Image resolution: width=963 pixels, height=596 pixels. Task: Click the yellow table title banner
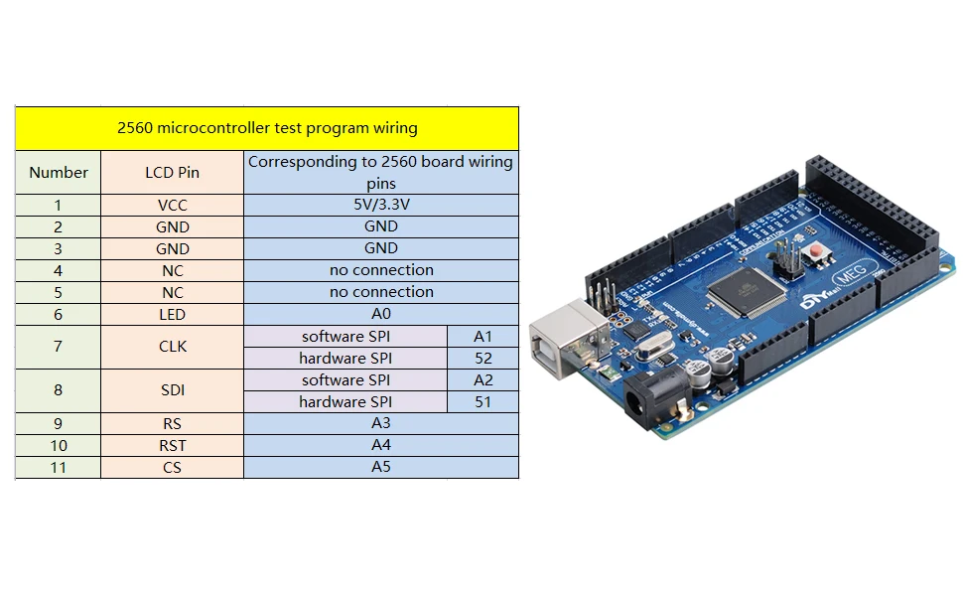[267, 128]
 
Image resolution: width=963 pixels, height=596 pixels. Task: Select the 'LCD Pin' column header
[172, 173]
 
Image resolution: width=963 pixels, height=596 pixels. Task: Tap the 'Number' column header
[59, 173]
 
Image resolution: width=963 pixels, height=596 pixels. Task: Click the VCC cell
[172, 206]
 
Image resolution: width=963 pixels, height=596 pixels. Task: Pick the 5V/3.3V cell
[381, 205]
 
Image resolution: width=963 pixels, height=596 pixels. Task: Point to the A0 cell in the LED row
[381, 314]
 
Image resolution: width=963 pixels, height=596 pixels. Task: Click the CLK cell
[172, 347]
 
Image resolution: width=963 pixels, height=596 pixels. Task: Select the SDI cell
[172, 390]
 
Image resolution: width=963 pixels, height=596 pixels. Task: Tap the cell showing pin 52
[483, 359]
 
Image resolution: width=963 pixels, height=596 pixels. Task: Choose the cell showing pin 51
[483, 402]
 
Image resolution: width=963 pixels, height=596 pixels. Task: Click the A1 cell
[483, 336]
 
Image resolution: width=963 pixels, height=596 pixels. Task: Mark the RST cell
[172, 445]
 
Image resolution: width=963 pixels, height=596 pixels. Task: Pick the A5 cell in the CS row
[381, 467]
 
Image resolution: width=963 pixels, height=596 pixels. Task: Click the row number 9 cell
[59, 424]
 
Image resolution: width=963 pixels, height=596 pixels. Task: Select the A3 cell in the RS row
[381, 423]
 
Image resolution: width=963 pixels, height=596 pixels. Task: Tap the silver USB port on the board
[568, 337]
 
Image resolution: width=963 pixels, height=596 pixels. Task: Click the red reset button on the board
[817, 251]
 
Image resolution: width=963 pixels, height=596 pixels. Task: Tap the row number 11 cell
[59, 468]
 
